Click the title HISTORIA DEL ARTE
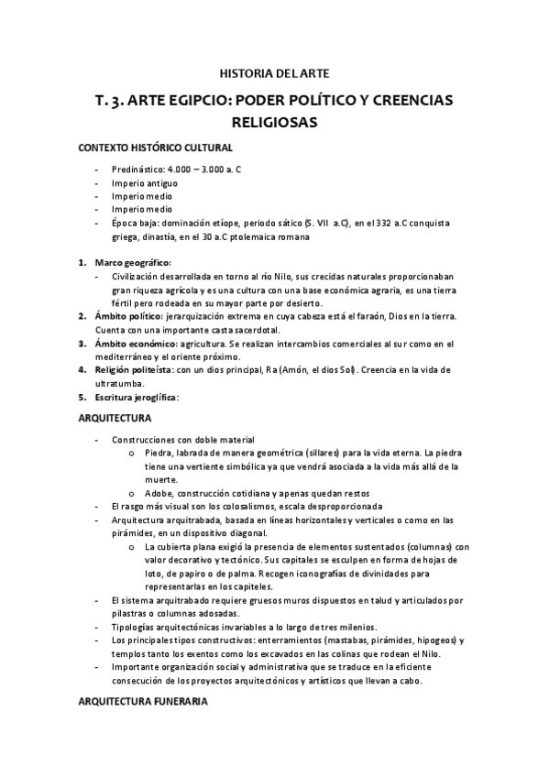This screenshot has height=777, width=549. pos(274,72)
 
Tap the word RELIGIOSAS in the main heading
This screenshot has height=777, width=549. pos(274,121)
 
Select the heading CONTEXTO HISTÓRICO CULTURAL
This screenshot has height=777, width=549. pos(154,148)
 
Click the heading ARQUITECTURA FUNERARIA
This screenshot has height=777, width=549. pos(142,701)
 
